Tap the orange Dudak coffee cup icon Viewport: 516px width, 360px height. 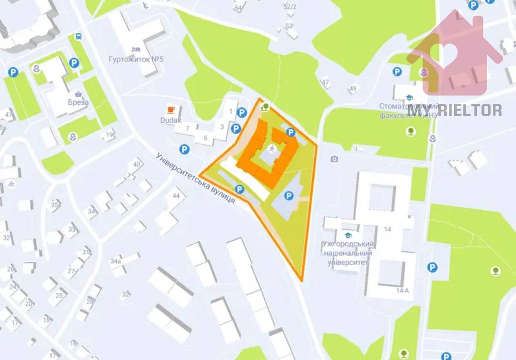tap(170, 109)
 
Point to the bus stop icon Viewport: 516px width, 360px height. tap(78, 37)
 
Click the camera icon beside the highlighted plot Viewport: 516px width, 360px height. tap(335, 159)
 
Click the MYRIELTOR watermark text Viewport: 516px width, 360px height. tap(455, 110)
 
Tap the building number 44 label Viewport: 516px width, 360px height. tap(176, 196)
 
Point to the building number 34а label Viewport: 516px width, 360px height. tap(115, 261)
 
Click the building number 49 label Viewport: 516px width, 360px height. tap(353, 89)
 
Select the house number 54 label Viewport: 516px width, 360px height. tap(238, 8)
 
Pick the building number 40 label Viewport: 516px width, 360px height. tap(136, 164)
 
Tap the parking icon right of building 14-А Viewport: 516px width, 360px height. tap(432, 267)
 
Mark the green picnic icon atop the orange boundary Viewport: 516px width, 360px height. tap(265, 107)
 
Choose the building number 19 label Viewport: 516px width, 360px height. tap(109, 135)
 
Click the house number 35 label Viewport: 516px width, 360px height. tap(55, 205)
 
